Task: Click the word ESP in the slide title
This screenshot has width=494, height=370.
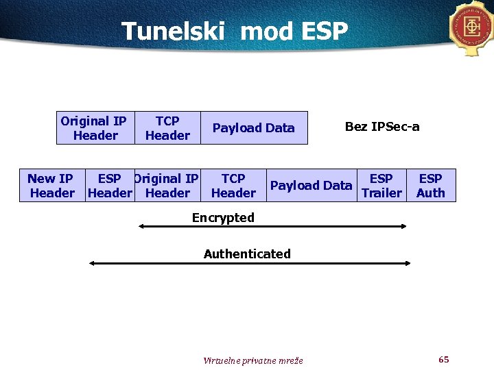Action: (x=323, y=32)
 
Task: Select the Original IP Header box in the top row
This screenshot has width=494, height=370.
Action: (x=94, y=128)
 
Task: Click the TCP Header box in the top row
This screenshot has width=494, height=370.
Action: (x=167, y=128)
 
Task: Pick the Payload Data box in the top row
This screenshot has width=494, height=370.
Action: (x=253, y=128)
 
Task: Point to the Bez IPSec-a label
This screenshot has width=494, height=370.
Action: (x=382, y=127)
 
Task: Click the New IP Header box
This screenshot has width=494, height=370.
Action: (x=51, y=186)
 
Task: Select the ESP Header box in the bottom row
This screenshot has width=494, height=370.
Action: (x=110, y=186)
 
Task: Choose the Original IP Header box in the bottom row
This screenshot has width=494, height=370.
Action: (x=167, y=186)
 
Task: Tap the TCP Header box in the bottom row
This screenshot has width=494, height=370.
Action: (x=233, y=186)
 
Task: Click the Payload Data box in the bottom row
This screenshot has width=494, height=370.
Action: (x=311, y=186)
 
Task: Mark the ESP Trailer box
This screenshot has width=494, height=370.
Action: (x=381, y=186)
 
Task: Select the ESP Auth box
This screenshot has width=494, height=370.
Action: (x=430, y=186)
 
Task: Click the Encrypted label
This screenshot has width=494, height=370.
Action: (x=223, y=218)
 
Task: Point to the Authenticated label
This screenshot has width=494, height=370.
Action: (x=247, y=254)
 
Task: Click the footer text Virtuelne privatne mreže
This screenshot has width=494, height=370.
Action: (x=253, y=360)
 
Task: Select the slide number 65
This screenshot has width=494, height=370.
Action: (x=443, y=360)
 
